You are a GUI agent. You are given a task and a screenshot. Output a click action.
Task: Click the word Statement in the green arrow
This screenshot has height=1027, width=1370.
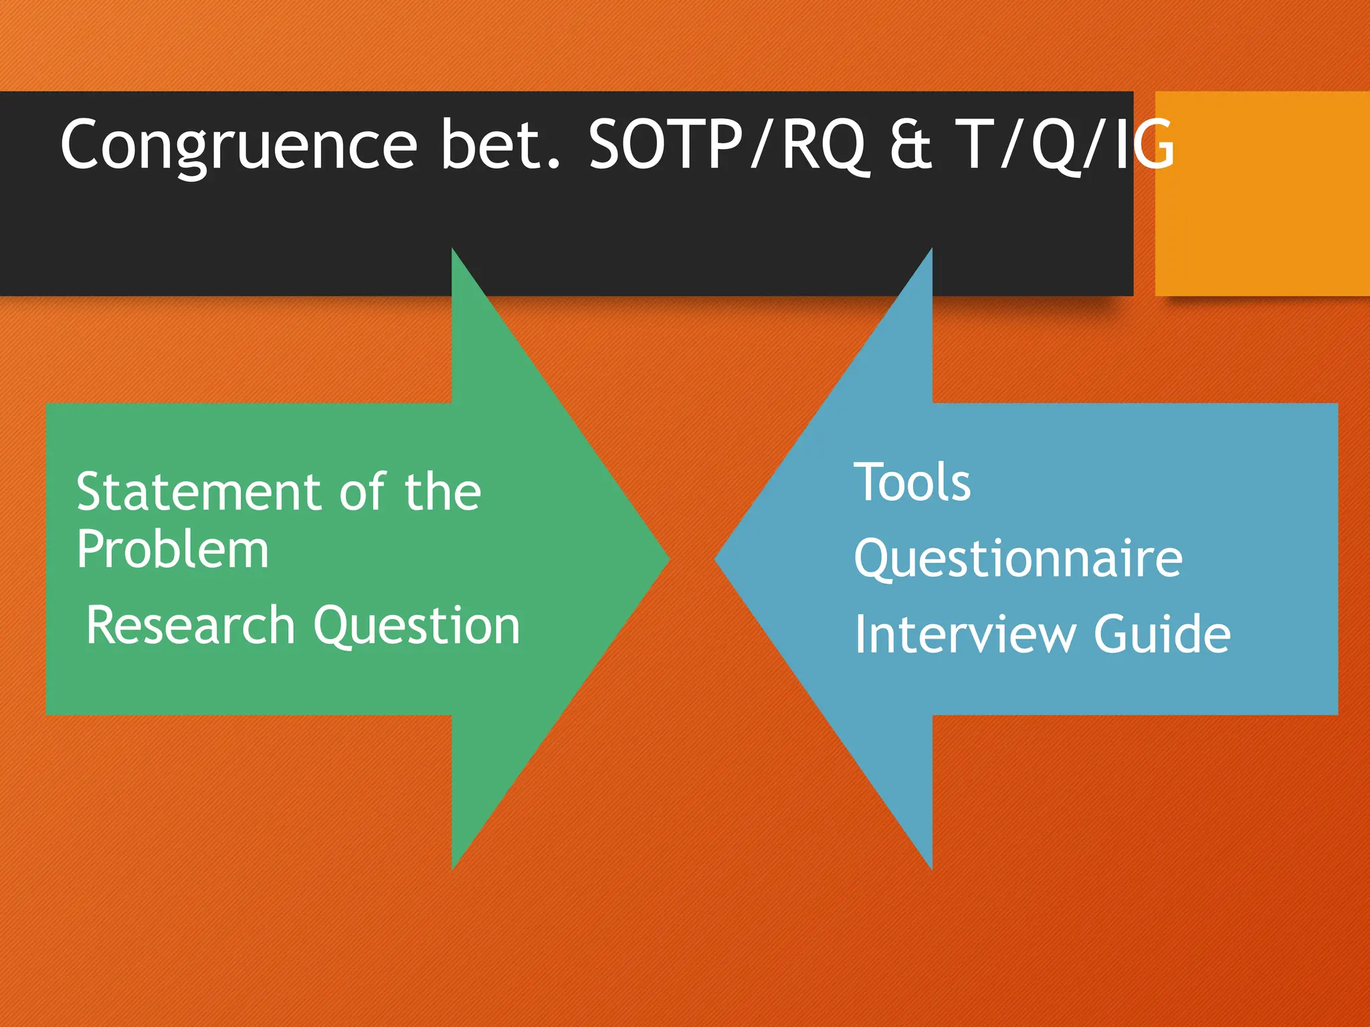point(200,492)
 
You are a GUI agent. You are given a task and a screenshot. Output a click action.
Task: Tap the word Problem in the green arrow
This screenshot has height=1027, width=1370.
point(173,550)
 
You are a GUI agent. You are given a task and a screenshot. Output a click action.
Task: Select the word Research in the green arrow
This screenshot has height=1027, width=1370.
point(191,626)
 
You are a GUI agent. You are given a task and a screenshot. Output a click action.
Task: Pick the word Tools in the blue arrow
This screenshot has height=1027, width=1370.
point(912,482)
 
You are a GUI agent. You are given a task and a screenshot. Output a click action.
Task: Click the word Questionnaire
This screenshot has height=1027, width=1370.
point(1018,559)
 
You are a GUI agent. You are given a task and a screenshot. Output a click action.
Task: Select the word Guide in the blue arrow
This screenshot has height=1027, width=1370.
point(1162,634)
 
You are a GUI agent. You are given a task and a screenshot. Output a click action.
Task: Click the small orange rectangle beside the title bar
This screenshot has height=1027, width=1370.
point(1262,193)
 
